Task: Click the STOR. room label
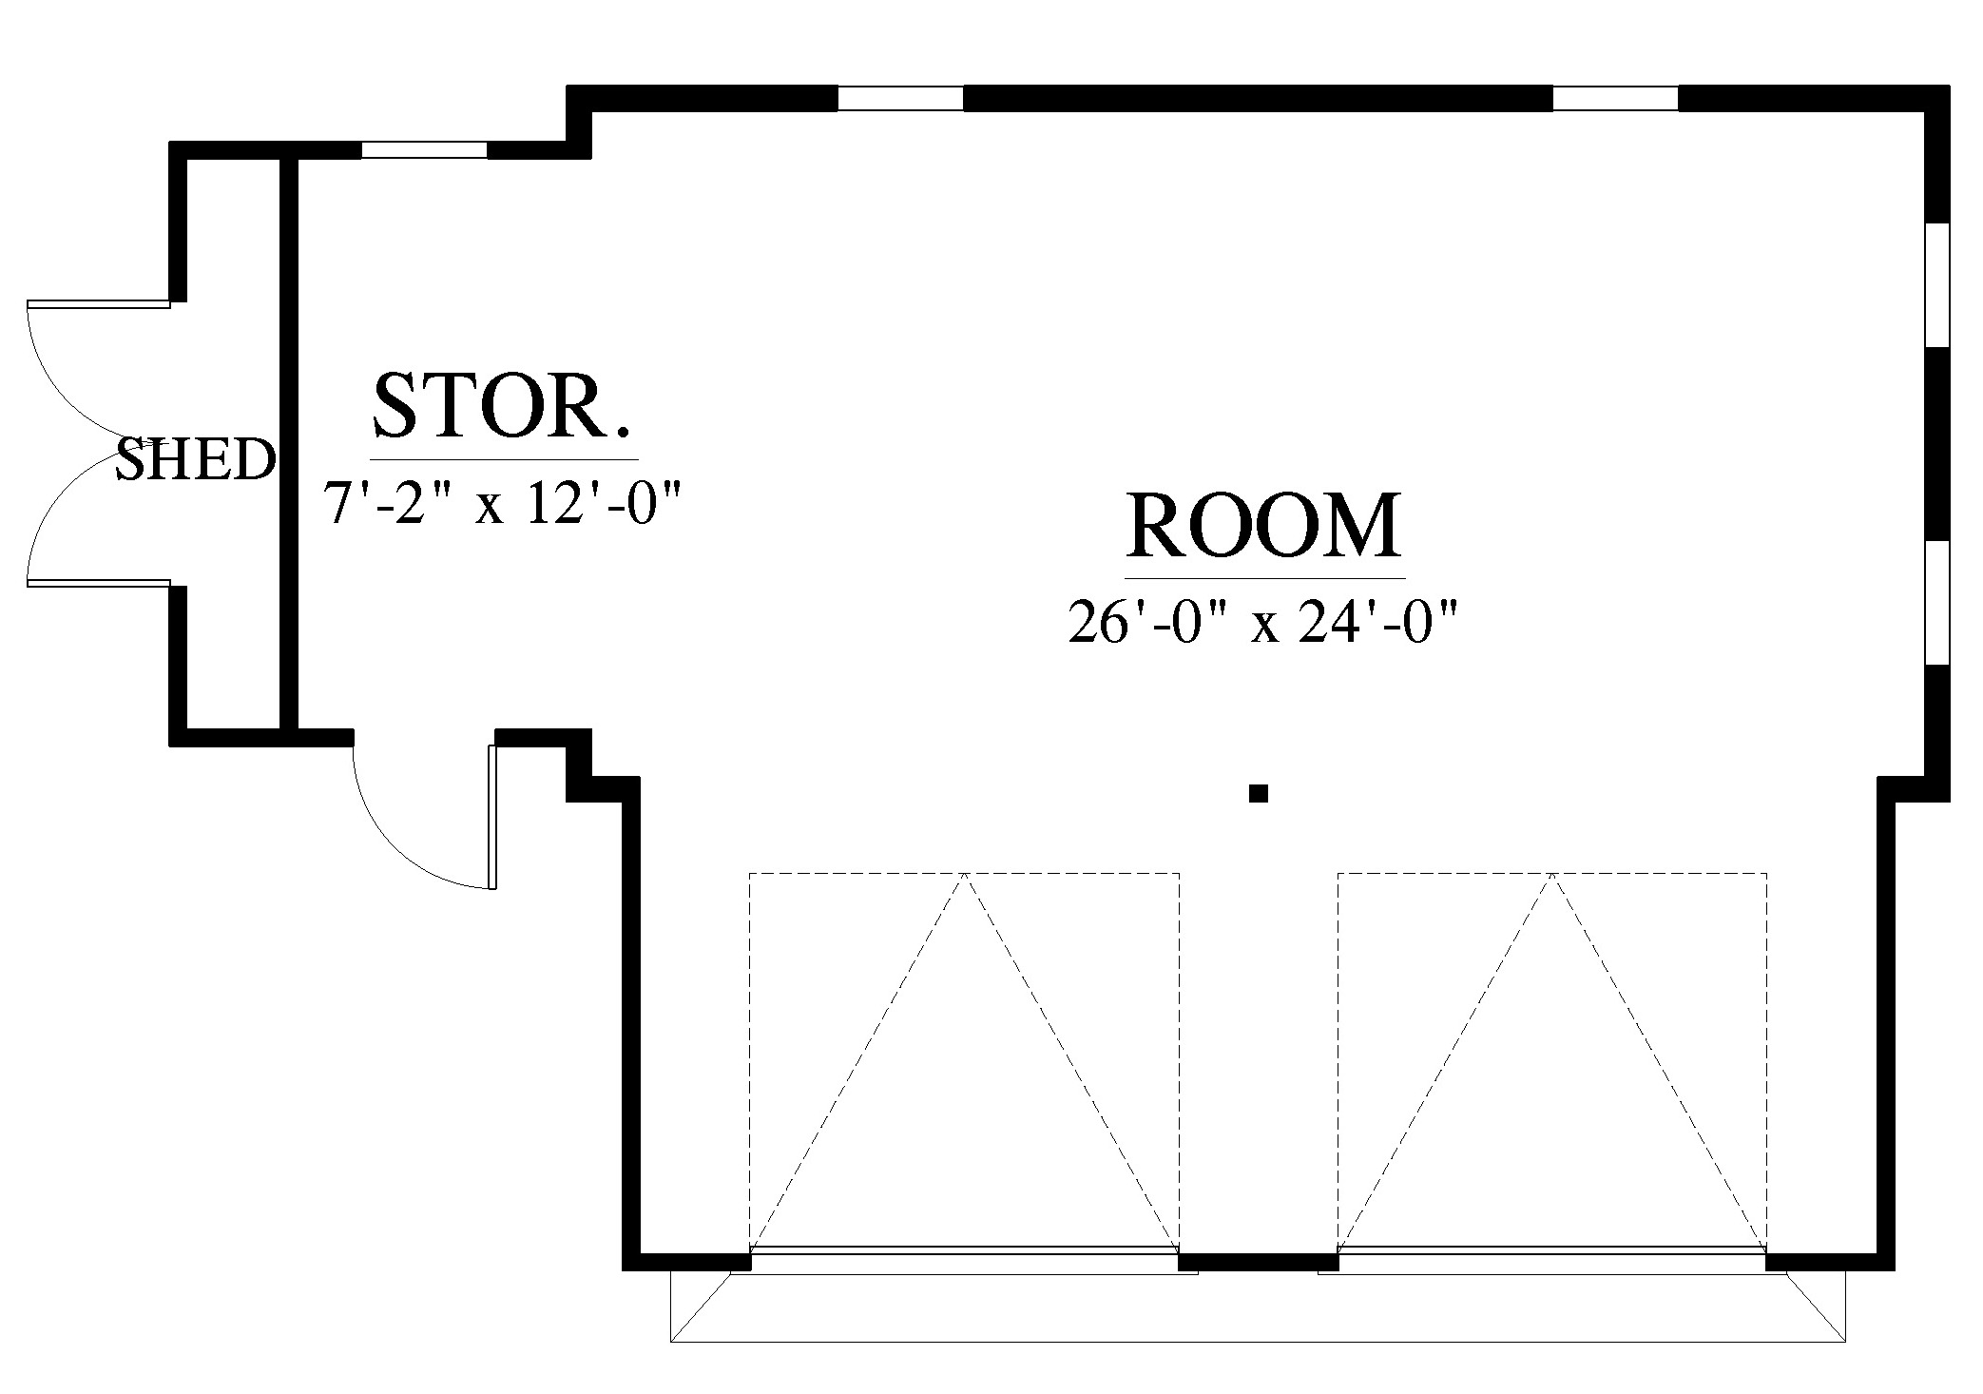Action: point(502,406)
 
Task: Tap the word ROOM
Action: point(1264,525)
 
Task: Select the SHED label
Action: point(196,459)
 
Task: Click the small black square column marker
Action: point(1259,793)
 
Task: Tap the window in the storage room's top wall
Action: point(424,149)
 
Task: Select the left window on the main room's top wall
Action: point(900,98)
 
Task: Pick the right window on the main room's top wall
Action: point(1615,98)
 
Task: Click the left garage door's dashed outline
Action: point(964,1060)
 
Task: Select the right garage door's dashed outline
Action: point(1552,1060)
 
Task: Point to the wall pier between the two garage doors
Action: point(1259,1262)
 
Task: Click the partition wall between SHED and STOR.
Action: point(290,443)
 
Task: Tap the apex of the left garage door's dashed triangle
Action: point(965,873)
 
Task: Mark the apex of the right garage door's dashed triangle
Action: point(1552,873)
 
